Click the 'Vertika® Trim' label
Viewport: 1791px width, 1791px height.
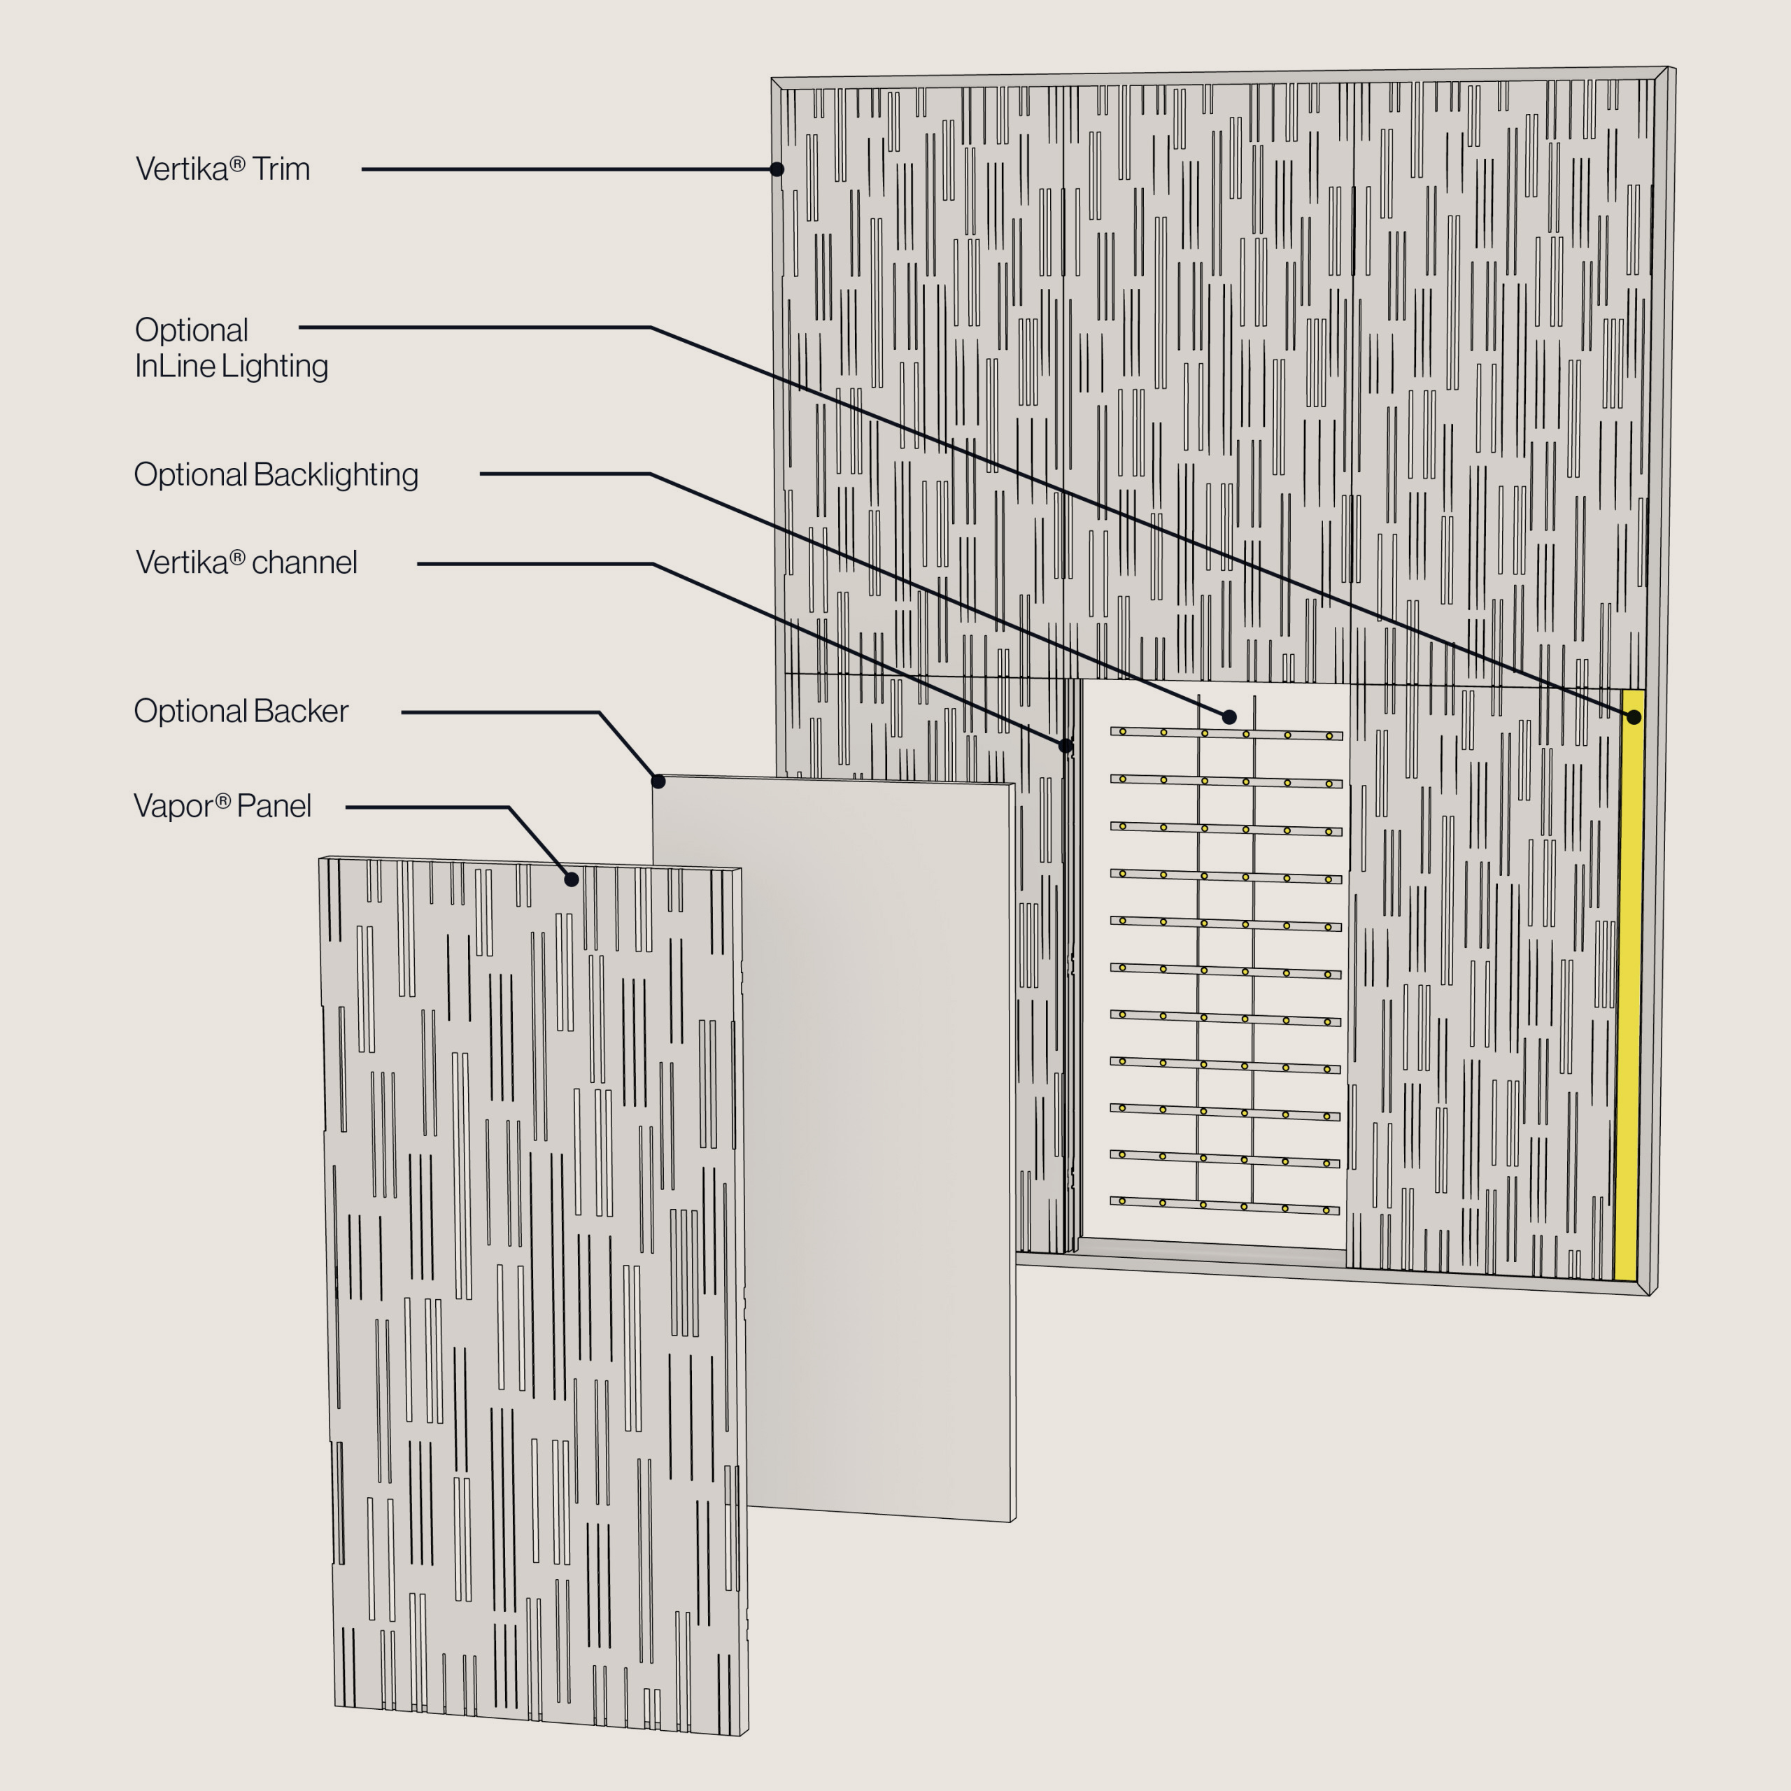click(x=222, y=169)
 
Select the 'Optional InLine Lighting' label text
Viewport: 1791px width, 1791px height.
click(x=231, y=348)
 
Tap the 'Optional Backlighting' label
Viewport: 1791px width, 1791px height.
click(x=276, y=474)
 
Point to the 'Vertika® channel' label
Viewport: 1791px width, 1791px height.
click(x=246, y=562)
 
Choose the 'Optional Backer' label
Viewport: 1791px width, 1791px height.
click(x=241, y=711)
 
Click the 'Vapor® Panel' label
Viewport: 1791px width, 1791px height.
click(x=222, y=805)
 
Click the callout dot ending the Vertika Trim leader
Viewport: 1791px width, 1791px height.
click(x=777, y=169)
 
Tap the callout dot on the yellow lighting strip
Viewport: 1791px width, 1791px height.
click(x=1634, y=716)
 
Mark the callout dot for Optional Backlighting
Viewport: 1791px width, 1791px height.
click(x=1229, y=716)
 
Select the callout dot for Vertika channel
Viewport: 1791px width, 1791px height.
click(x=1066, y=745)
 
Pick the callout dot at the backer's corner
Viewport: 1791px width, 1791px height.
click(x=658, y=781)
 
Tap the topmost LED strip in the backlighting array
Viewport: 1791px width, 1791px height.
click(x=1226, y=733)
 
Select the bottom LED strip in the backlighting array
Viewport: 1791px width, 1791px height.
click(x=1224, y=1205)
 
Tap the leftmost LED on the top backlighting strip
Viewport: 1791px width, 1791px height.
click(x=1123, y=731)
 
